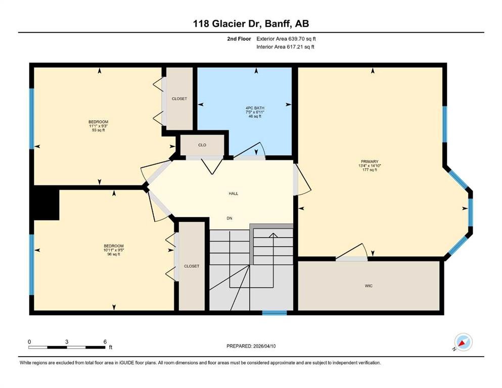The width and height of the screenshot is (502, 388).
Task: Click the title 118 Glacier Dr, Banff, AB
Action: click(x=251, y=23)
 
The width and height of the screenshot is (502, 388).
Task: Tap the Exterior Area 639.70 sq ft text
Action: click(x=287, y=38)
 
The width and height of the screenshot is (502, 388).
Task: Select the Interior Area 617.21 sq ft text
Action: click(x=286, y=47)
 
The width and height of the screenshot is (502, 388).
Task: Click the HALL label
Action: click(x=233, y=193)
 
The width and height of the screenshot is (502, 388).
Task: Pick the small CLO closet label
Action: click(x=202, y=145)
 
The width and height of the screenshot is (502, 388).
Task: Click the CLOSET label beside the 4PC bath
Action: click(x=179, y=99)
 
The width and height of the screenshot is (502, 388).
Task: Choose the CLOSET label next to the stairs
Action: click(x=192, y=266)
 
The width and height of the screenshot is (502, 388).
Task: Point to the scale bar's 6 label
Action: click(x=104, y=342)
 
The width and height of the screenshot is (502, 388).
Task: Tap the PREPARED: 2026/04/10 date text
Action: click(x=251, y=346)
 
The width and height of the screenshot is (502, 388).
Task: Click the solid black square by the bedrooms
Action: click(x=46, y=202)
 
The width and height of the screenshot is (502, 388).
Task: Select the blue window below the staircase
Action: click(x=275, y=313)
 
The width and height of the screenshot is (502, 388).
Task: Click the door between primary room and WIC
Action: click(x=352, y=258)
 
